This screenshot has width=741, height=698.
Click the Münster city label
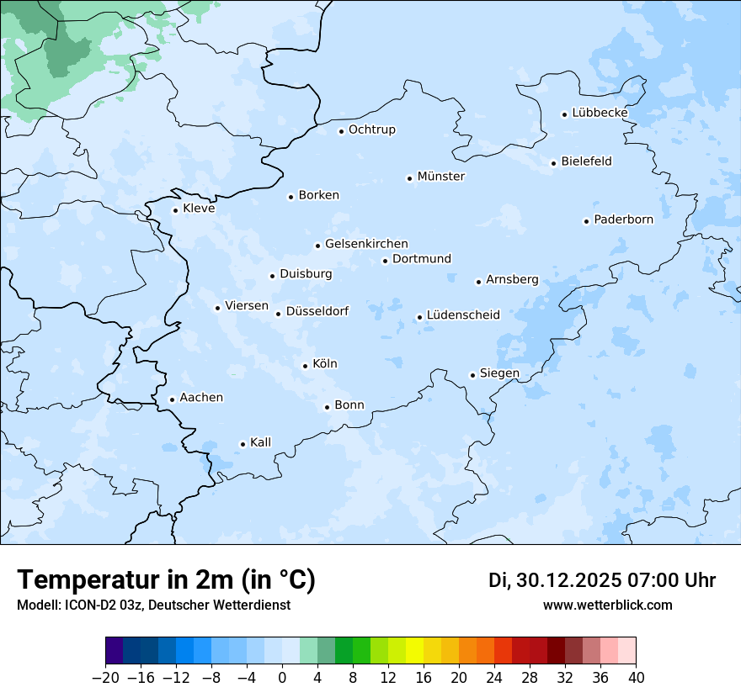click(x=440, y=177)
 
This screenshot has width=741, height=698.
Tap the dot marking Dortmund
click(x=385, y=261)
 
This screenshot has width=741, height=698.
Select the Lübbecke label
click(x=600, y=113)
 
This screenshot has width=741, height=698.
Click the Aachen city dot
click(x=172, y=400)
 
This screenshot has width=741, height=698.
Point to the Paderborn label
click(x=623, y=219)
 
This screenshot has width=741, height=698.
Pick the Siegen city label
click(x=499, y=373)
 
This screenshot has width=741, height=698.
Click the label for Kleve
click(x=199, y=209)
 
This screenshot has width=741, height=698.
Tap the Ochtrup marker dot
click(x=341, y=131)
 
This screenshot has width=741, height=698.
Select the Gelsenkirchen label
click(x=366, y=244)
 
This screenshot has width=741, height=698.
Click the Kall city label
click(x=260, y=442)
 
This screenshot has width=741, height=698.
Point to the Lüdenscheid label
click(x=463, y=315)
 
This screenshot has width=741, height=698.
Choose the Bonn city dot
click(x=327, y=407)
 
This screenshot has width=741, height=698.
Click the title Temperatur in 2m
click(x=166, y=579)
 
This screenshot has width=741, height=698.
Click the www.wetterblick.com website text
click(x=607, y=605)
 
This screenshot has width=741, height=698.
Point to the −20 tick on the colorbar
click(x=106, y=678)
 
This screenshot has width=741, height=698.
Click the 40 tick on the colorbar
click(x=636, y=678)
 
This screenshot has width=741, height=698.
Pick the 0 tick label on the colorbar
click(x=282, y=678)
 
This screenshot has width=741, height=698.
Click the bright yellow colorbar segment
click(x=414, y=651)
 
